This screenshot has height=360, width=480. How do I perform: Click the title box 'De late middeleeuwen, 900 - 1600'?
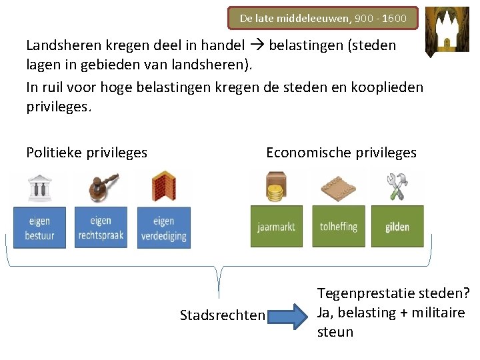click(323, 19)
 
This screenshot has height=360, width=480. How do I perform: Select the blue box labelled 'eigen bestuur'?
click(39, 227)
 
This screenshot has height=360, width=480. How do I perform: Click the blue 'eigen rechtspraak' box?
click(101, 227)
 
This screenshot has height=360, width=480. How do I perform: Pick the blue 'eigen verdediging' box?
click(163, 227)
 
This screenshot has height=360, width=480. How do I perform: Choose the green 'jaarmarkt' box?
click(276, 227)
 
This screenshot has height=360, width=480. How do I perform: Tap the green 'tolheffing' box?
click(338, 227)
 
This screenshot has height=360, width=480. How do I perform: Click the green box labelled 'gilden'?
click(397, 227)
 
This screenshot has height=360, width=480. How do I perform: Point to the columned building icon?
click(39, 187)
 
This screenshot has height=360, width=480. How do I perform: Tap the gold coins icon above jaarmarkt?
click(275, 187)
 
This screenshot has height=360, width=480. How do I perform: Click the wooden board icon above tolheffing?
click(338, 187)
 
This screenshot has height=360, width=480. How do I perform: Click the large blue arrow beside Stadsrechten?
click(291, 315)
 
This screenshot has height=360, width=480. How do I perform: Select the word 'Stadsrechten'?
click(223, 315)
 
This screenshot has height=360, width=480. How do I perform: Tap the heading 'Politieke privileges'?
click(87, 153)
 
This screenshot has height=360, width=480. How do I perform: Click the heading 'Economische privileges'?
click(341, 153)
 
